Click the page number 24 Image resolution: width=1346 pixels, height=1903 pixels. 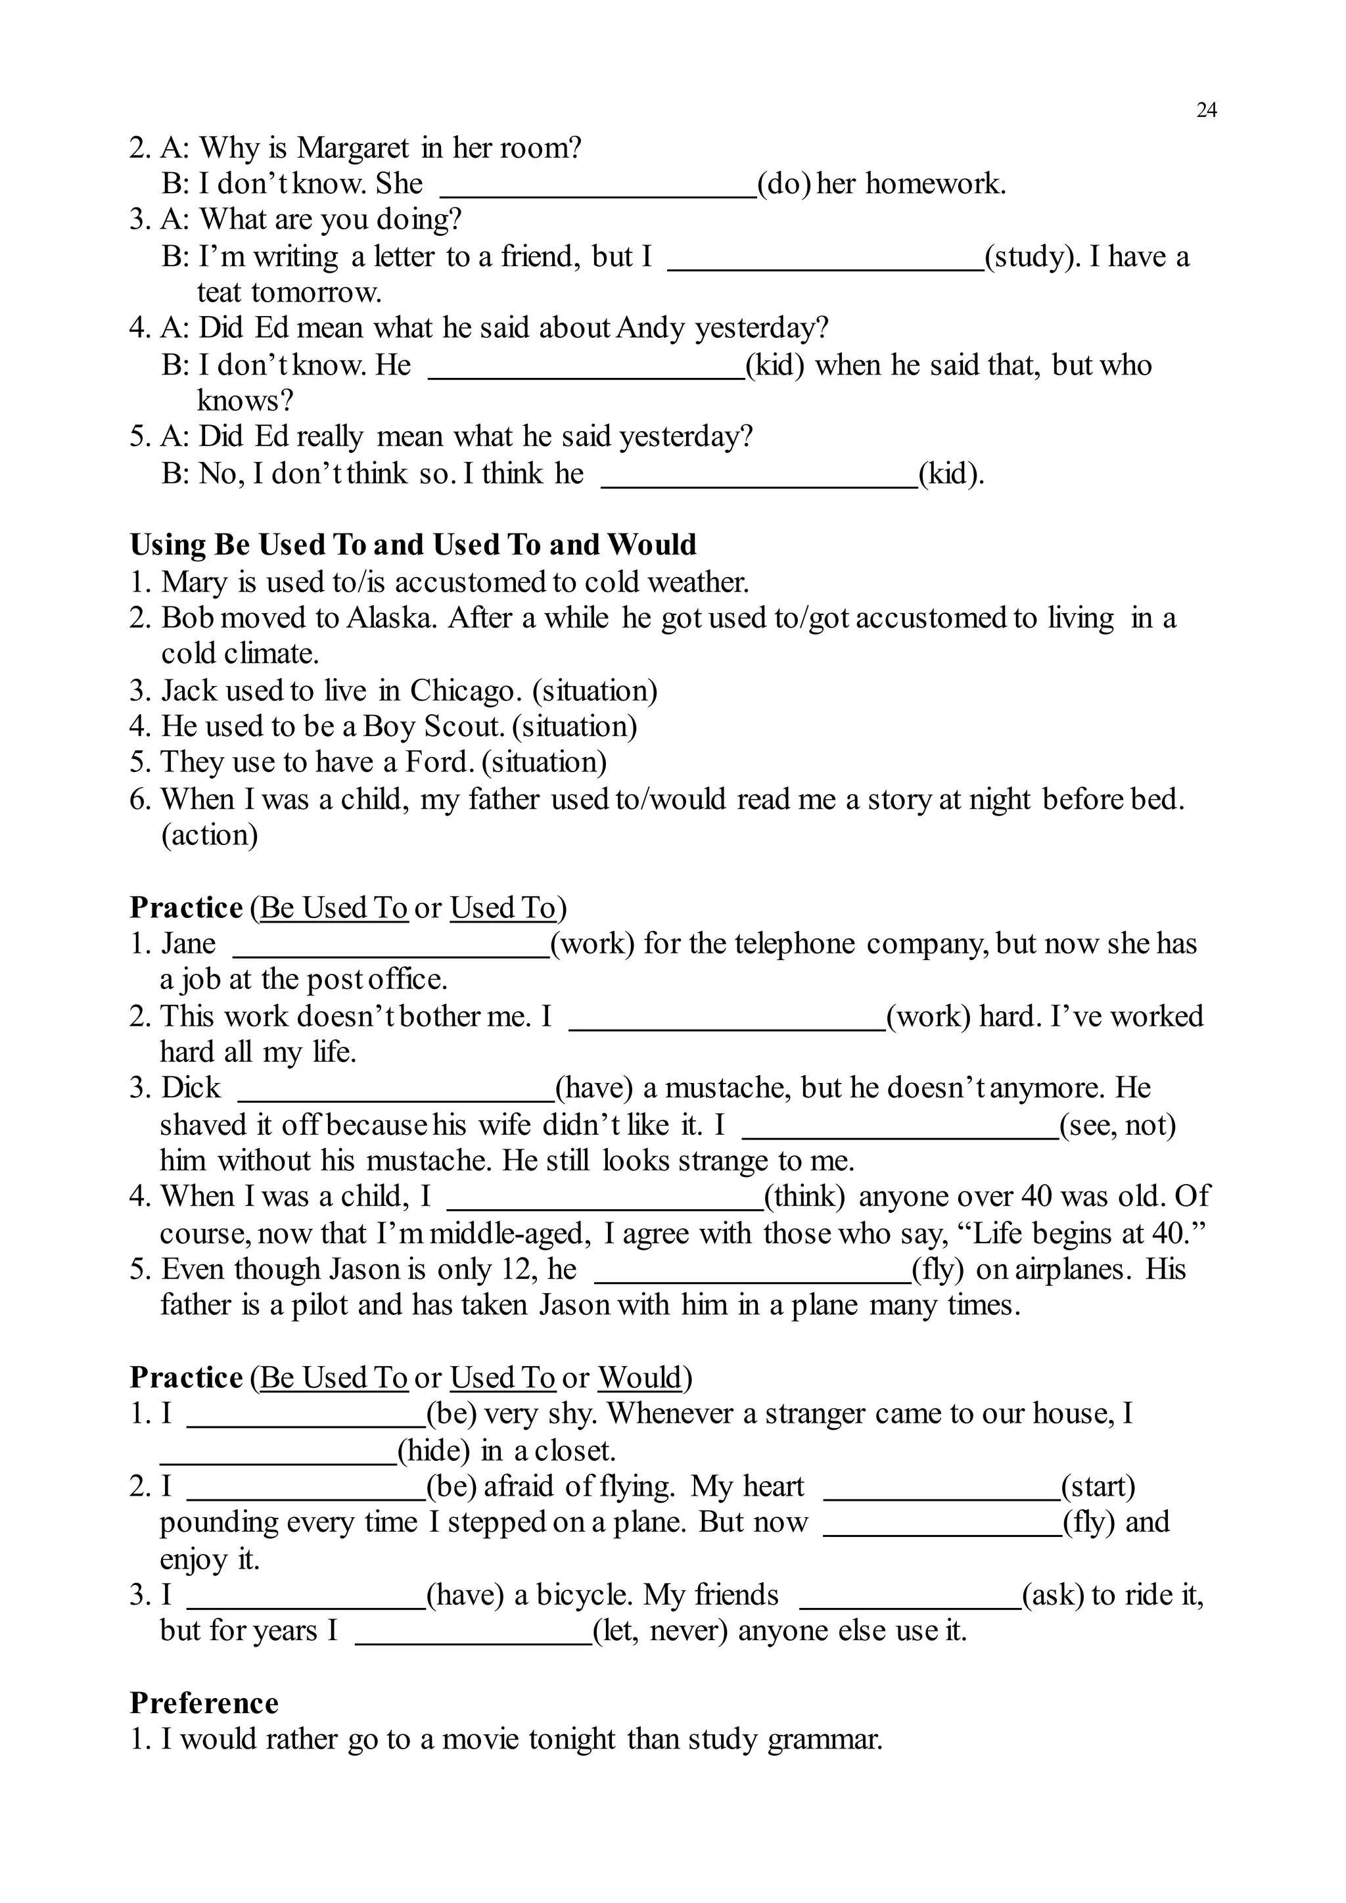click(x=1206, y=110)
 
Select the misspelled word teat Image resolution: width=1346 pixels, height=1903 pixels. click(x=219, y=292)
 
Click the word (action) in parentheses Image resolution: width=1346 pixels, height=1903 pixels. click(x=209, y=835)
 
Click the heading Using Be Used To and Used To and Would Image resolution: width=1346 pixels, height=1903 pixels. click(x=413, y=545)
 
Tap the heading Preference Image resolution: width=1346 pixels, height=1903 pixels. click(x=204, y=1703)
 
